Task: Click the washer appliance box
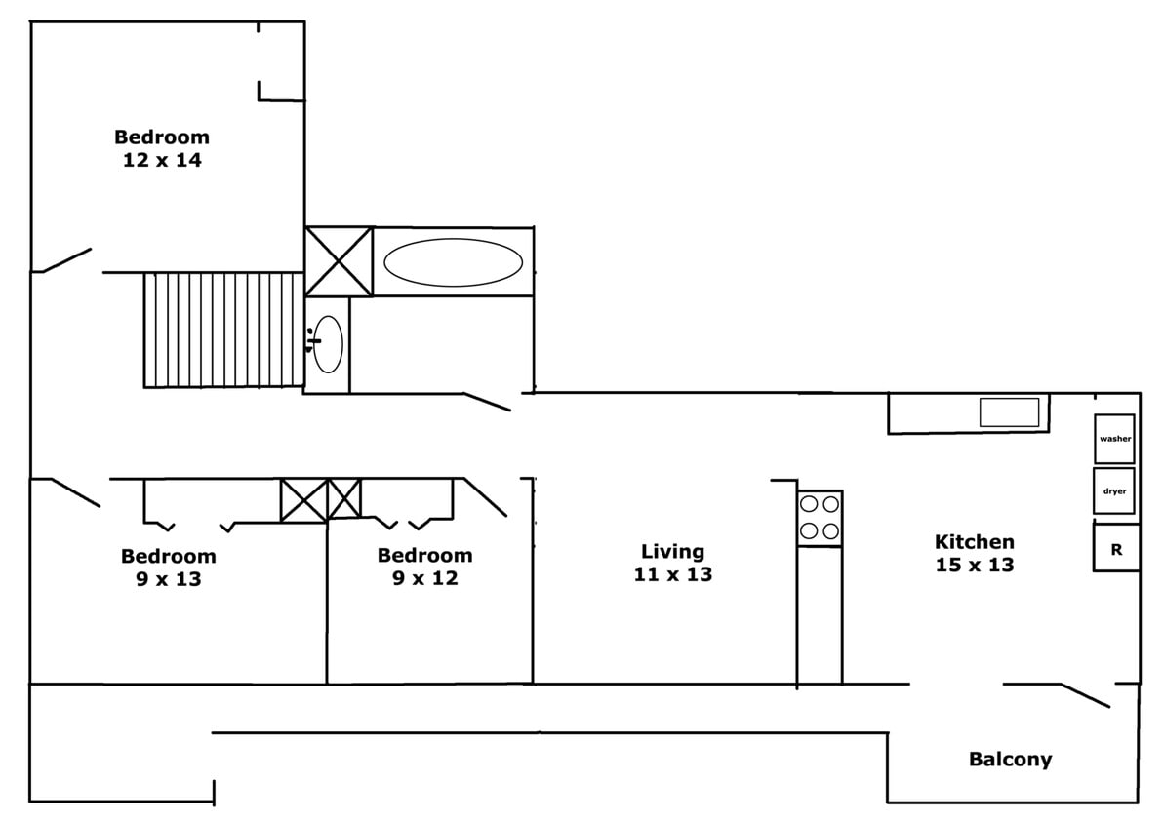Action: (x=1114, y=439)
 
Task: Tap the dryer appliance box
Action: (x=1114, y=491)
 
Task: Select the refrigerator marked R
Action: (x=1116, y=549)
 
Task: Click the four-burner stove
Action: (x=820, y=518)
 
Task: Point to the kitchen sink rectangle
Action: (x=1009, y=412)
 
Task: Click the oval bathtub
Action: (x=453, y=262)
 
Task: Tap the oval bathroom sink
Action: (x=327, y=344)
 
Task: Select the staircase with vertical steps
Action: (x=223, y=330)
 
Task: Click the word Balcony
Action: (x=1010, y=760)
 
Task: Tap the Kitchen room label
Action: (x=974, y=542)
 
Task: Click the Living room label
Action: (x=672, y=552)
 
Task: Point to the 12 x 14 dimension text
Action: (x=162, y=161)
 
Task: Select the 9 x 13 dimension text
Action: (x=169, y=579)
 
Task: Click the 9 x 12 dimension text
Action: (x=424, y=578)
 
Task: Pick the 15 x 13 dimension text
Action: (x=974, y=566)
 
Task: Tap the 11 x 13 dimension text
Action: (x=672, y=575)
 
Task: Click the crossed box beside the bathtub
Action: (x=339, y=260)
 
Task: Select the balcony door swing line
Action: (x=1085, y=695)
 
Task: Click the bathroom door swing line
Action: (x=487, y=402)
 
